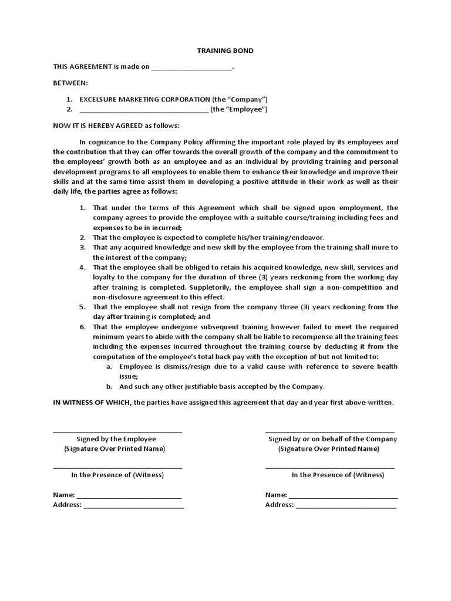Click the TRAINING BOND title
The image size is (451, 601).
pos(225,50)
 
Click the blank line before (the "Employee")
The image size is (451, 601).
pos(143,110)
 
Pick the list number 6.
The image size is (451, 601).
pos(82,326)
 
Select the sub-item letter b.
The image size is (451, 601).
pos(109,386)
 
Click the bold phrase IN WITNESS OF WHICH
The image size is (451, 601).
pos(92,403)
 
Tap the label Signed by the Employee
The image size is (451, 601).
pos(116,438)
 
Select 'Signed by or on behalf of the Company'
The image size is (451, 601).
pos(332,438)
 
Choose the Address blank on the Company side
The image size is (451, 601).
pos(346,506)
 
